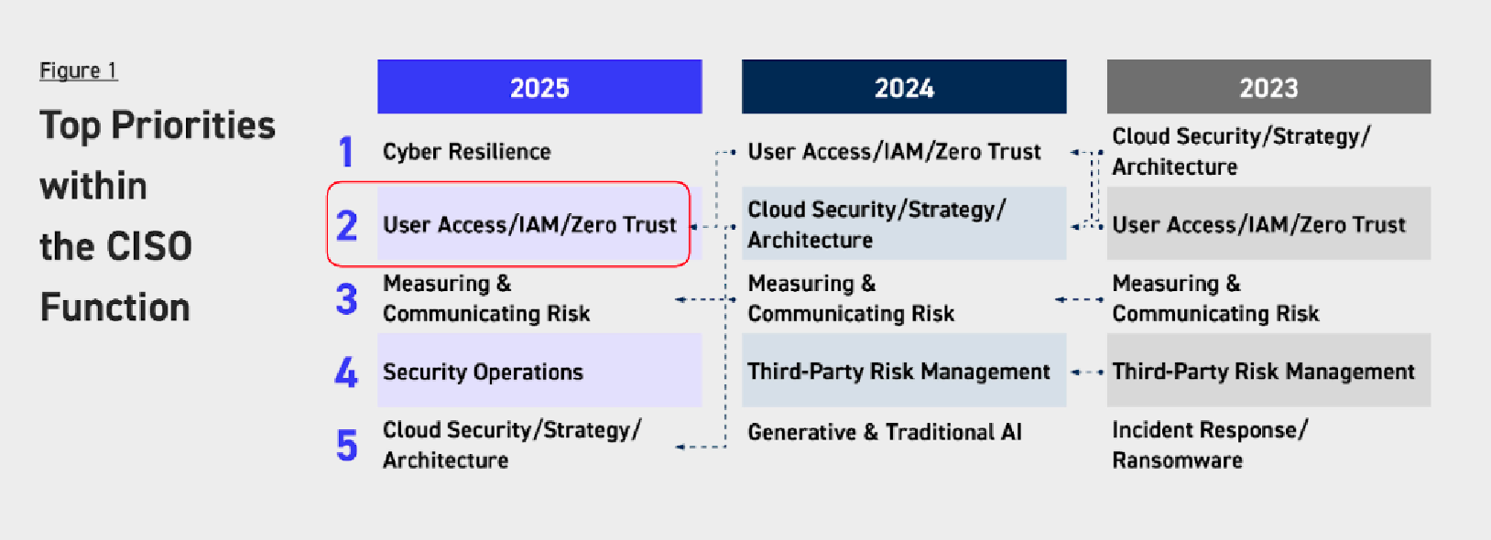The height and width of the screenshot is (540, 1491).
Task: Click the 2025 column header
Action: (539, 86)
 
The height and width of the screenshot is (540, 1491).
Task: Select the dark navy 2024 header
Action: (904, 86)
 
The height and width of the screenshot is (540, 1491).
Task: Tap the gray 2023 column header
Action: (1268, 86)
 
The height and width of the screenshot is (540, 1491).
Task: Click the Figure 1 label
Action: (79, 70)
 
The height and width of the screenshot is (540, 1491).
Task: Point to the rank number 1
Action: (345, 152)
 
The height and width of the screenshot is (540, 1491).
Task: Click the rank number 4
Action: (346, 373)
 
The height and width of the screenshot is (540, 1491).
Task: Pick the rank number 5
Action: (347, 445)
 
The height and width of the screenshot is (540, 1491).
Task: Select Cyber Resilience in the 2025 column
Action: (466, 152)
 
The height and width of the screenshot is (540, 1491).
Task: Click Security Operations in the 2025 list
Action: (483, 372)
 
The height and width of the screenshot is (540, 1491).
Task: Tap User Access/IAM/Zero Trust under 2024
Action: (894, 152)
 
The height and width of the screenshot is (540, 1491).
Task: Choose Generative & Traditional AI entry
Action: (885, 432)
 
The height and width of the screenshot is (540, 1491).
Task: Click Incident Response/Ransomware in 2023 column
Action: (1210, 445)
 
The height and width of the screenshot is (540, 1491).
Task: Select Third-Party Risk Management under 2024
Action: (898, 371)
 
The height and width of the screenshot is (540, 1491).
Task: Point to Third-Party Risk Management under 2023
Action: (1263, 371)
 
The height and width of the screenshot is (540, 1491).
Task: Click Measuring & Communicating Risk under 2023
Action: (1215, 298)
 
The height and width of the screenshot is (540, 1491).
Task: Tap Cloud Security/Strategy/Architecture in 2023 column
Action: (1241, 151)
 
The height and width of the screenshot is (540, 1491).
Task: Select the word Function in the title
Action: (115, 308)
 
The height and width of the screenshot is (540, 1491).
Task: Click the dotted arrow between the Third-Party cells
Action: (1088, 373)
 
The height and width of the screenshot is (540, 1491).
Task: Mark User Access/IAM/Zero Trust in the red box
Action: (529, 225)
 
